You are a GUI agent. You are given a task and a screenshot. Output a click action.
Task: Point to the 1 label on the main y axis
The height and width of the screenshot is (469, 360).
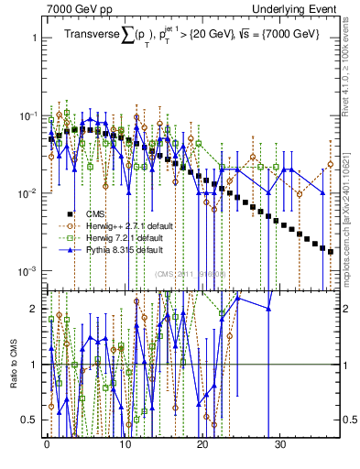point(34,39)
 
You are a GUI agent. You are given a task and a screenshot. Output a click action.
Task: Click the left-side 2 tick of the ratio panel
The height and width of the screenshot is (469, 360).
point(34,309)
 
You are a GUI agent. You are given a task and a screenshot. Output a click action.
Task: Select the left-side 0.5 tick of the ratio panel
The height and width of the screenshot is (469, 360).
point(30,420)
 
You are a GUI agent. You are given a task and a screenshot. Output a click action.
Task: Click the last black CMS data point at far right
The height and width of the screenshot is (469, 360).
point(331,251)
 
